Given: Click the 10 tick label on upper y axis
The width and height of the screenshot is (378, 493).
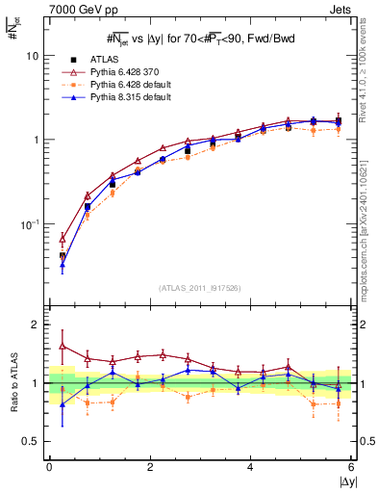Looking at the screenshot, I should pos(32,56).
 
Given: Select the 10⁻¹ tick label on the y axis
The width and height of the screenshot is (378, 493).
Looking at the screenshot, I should pos(30,223).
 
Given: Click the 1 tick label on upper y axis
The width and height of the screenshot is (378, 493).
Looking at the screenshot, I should pos(36,140).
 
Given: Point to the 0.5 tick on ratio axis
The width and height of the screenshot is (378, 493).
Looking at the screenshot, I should pos(31,441).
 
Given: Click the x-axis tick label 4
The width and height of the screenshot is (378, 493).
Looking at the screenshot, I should pos(251,466).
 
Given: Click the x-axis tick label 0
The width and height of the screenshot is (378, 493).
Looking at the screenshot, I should pos(49,466).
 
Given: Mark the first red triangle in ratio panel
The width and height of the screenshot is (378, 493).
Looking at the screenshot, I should pos(63,346).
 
